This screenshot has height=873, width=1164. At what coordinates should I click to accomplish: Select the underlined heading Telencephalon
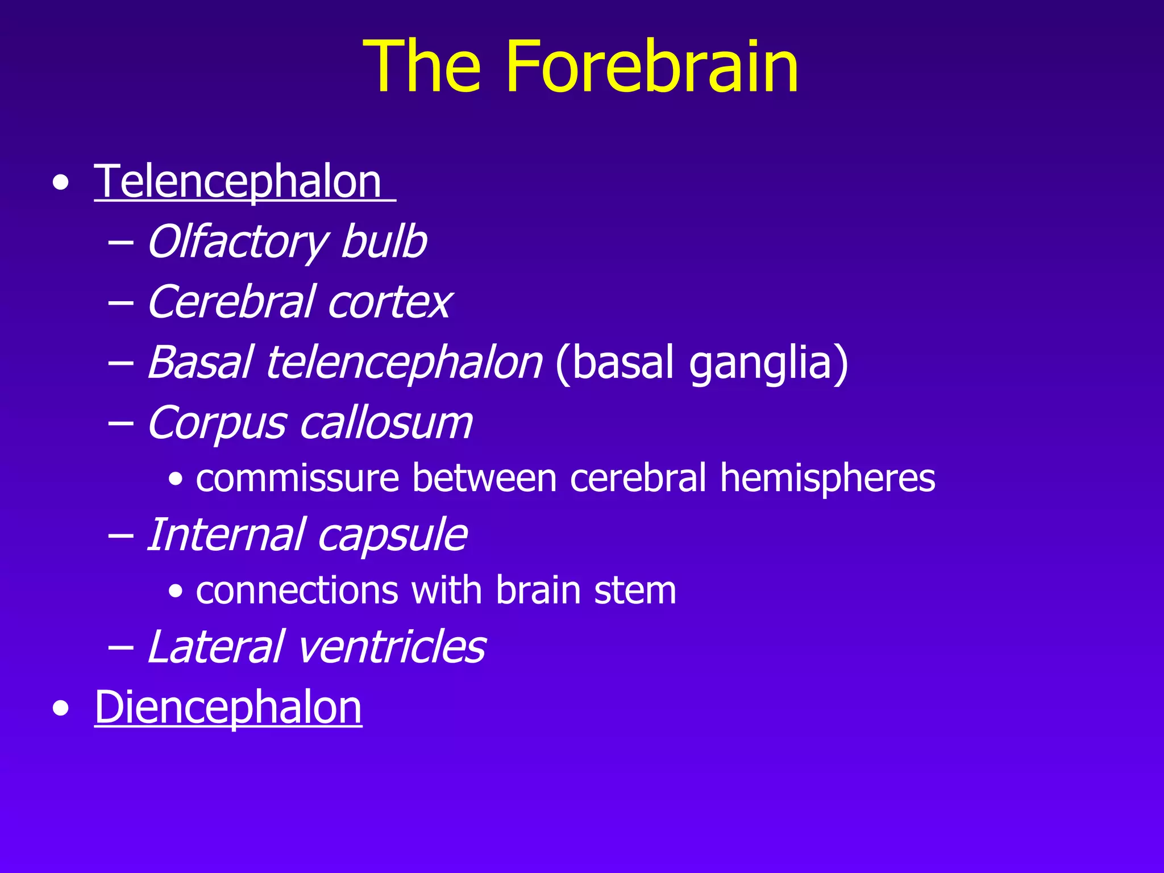[x=238, y=182]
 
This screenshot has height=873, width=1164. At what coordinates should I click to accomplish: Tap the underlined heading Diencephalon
[x=228, y=708]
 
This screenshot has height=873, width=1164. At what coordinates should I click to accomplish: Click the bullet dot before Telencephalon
[x=61, y=184]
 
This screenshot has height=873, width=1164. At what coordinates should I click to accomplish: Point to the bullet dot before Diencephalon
[x=61, y=709]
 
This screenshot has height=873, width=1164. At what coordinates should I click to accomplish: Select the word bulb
[x=384, y=242]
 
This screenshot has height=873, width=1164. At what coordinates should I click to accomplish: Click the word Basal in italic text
[x=200, y=362]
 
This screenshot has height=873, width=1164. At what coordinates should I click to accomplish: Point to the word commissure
[x=297, y=478]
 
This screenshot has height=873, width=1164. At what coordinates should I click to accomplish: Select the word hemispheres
[x=828, y=478]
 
